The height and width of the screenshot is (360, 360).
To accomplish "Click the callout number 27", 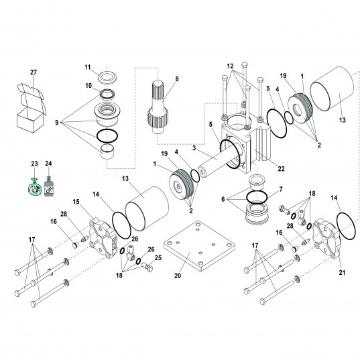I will [x=34, y=72].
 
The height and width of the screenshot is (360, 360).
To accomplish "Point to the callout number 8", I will [x=177, y=79].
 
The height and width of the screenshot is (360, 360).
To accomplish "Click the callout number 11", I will [x=87, y=67].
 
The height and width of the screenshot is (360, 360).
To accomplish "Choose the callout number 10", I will [x=87, y=86].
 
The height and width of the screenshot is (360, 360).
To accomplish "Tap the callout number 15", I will [x=76, y=202].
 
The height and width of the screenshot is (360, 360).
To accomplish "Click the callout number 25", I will [x=158, y=257].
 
